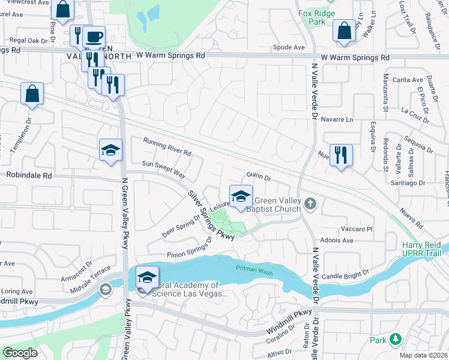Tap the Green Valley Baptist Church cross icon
click(x=310, y=203)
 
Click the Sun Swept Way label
click(x=163, y=168)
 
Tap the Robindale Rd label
click(x=29, y=176)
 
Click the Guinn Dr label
click(x=259, y=177)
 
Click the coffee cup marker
click(x=94, y=37)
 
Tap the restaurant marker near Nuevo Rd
click(x=341, y=155)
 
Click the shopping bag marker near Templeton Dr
click(x=32, y=94)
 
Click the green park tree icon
click(x=395, y=340)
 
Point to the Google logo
click(x=20, y=353)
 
